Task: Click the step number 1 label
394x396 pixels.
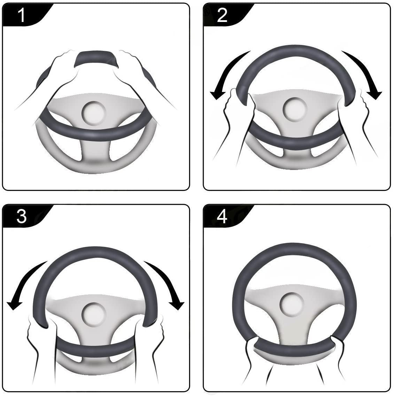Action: click(22, 15)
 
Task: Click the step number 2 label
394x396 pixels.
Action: click(222, 15)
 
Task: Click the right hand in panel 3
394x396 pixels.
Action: click(157, 334)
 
